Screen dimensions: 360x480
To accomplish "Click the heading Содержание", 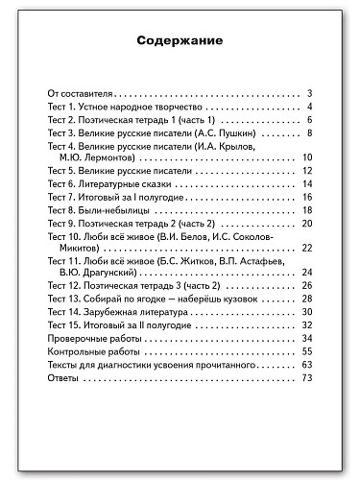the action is pos(180,42).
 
